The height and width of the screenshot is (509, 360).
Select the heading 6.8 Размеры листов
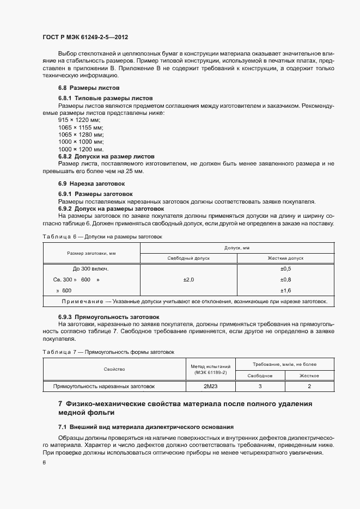(x=89, y=88)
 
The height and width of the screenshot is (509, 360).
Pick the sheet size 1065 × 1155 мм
(x=81, y=127)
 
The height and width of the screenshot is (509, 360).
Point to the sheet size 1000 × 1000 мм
(x=81, y=142)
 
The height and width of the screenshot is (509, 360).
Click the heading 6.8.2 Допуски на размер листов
(x=106, y=156)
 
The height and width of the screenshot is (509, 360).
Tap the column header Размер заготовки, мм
(x=91, y=253)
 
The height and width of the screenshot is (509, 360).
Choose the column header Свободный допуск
(x=188, y=258)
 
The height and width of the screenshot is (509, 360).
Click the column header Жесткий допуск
(x=285, y=258)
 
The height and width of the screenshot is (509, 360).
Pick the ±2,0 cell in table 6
(x=188, y=279)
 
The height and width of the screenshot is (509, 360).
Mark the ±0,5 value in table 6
(x=285, y=269)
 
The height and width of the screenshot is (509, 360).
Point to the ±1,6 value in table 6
(x=285, y=290)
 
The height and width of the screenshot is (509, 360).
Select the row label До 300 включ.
(x=91, y=269)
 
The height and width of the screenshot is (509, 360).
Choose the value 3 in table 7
(x=260, y=386)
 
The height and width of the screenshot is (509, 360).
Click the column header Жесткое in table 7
(x=309, y=376)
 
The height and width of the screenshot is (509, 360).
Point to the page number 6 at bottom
(x=44, y=462)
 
